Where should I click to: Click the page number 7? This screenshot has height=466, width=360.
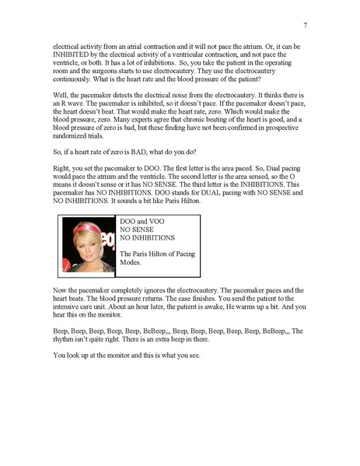point(305,25)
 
